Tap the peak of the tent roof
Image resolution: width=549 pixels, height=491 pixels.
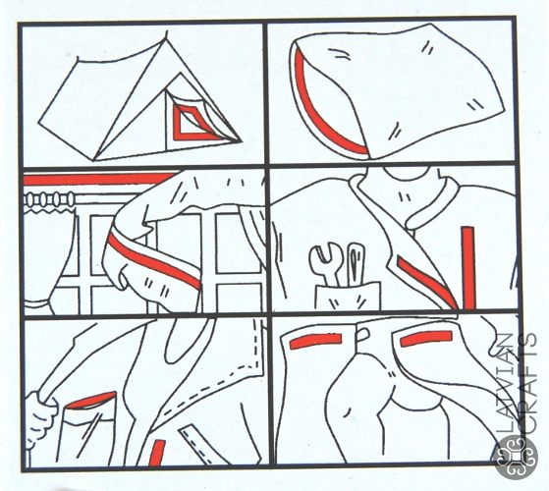166,32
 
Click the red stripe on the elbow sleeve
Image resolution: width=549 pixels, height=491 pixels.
154,261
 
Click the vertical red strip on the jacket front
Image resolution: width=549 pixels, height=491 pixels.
468,268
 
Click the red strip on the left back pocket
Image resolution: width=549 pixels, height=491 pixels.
316,341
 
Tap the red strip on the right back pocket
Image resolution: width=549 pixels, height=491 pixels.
426,338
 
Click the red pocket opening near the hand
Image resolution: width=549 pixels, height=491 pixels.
91,401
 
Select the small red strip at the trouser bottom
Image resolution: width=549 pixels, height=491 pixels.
157,453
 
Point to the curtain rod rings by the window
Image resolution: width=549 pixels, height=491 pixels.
49,199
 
